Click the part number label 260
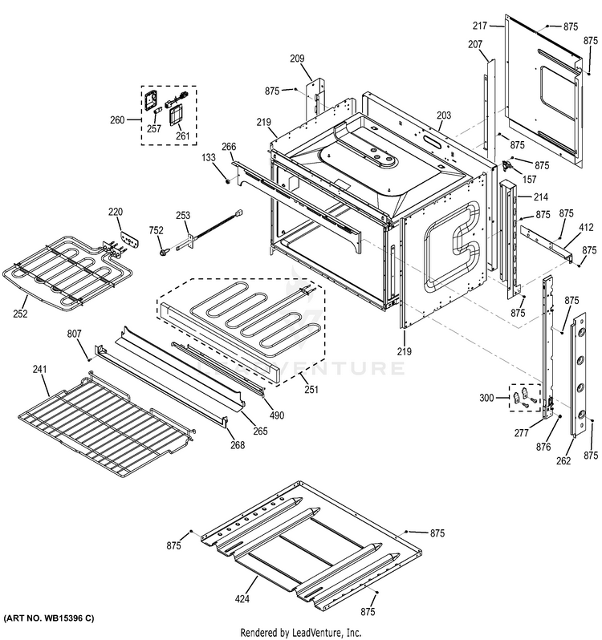click(x=117, y=120)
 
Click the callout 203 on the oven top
click(x=444, y=116)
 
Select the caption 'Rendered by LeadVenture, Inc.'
click(x=300, y=632)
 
